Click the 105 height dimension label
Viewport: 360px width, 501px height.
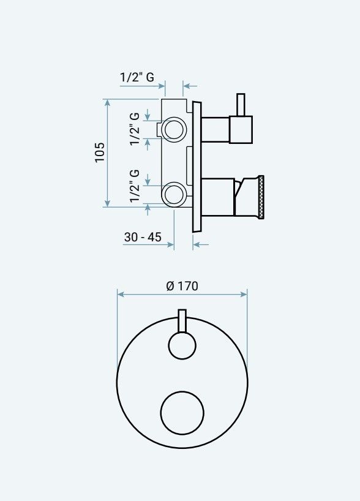100,153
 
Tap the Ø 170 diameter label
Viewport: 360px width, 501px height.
182,285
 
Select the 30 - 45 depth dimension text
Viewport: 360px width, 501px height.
143,237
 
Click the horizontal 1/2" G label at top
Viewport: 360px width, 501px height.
137,77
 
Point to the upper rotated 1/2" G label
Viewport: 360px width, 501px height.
135,129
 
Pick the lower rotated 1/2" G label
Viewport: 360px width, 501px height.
135,186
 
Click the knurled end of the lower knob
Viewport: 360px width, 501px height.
262,197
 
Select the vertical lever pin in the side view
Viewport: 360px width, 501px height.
241,105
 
